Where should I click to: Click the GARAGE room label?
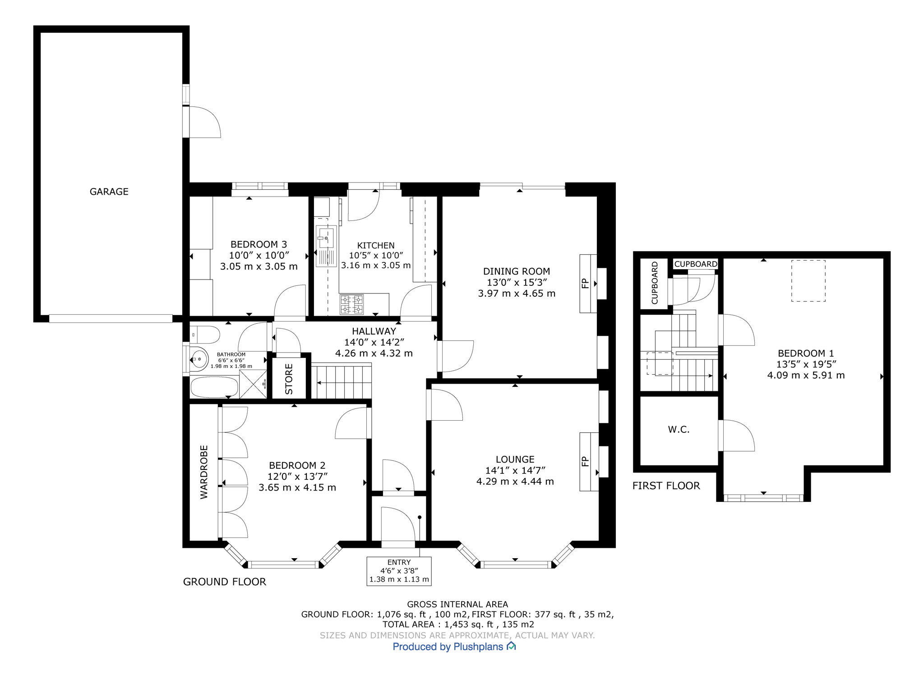pyautogui.click(x=109, y=192)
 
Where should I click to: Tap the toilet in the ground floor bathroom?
pyautogui.click(x=205, y=335)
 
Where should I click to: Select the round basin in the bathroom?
pyautogui.click(x=199, y=359)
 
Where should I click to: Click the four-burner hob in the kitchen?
pyautogui.click(x=352, y=304)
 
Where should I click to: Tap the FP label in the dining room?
pyautogui.click(x=585, y=284)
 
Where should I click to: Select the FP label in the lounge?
pyautogui.click(x=585, y=461)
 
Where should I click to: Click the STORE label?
pyautogui.click(x=289, y=379)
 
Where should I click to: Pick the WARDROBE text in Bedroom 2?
pyautogui.click(x=204, y=472)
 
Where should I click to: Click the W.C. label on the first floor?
pyautogui.click(x=679, y=430)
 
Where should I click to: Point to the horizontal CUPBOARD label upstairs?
pyautogui.click(x=696, y=264)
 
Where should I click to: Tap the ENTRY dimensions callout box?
pyautogui.click(x=399, y=571)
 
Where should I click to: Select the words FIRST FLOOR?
pyautogui.click(x=666, y=486)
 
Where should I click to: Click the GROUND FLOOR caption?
pyautogui.click(x=225, y=582)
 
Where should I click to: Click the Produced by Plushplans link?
pyautogui.click(x=454, y=647)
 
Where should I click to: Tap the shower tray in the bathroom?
pyautogui.click(x=253, y=384)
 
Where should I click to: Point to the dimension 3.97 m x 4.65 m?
pyautogui.click(x=517, y=294)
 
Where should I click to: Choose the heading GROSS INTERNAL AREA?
pyautogui.click(x=457, y=604)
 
